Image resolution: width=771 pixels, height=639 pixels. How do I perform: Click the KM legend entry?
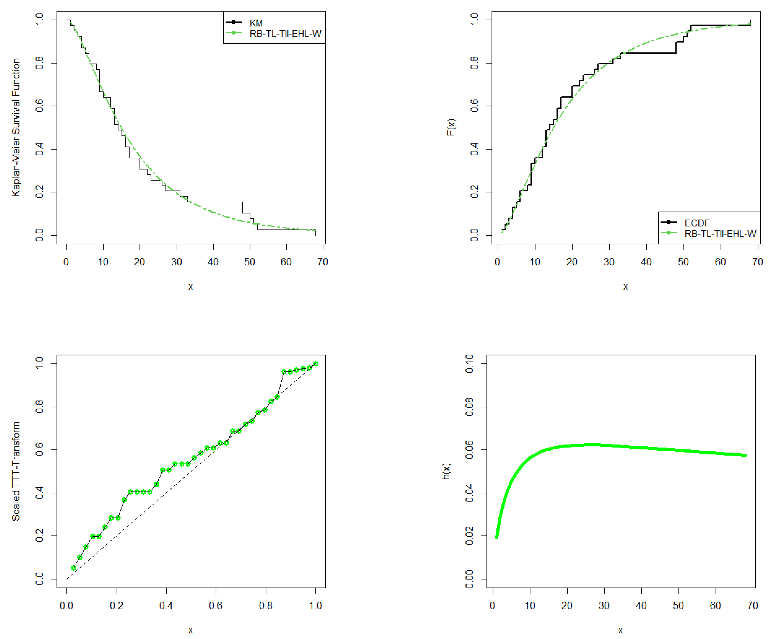[x=256, y=23]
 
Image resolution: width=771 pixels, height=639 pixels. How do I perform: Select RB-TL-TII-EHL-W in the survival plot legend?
[x=285, y=34]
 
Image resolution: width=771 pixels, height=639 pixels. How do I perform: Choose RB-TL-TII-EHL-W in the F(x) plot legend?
[x=720, y=234]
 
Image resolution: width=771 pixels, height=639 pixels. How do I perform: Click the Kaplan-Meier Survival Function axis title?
[x=16, y=127]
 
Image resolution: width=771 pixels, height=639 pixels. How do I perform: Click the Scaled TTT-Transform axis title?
[x=16, y=471]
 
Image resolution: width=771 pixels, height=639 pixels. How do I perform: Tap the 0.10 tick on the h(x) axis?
[x=469, y=364]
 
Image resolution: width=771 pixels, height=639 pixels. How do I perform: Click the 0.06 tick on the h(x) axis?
[x=469, y=450]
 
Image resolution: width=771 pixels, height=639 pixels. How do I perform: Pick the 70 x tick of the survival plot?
[x=323, y=262]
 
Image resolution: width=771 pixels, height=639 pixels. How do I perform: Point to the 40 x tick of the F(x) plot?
[x=646, y=262]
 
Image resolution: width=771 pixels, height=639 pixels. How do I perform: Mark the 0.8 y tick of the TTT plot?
[x=39, y=407]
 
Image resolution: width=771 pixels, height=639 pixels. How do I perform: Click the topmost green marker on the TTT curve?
[x=315, y=364]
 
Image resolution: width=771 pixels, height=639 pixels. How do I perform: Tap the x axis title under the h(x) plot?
[x=621, y=631]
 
